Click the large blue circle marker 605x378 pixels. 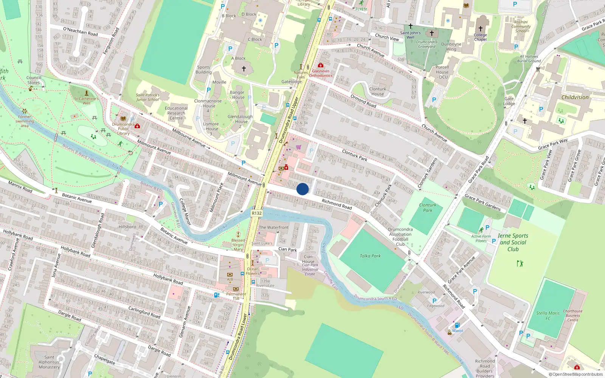(302, 189)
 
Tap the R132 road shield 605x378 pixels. (257, 213)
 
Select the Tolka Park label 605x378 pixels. (370, 256)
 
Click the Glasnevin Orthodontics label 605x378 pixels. (321, 73)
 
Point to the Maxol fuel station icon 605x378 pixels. (457, 325)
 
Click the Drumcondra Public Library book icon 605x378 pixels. (123, 118)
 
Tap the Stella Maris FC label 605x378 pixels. (548, 316)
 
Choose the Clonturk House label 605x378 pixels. (377, 91)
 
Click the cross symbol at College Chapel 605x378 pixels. (481, 29)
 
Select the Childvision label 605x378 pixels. (575, 97)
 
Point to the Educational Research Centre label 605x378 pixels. (176, 113)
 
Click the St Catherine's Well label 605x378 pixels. (86, 101)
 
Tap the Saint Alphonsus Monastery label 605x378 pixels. (49, 362)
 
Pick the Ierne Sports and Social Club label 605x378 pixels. (513, 242)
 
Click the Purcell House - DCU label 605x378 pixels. (442, 72)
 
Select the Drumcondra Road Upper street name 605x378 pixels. (289, 120)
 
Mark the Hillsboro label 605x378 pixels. (127, 227)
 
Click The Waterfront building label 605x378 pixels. (274, 227)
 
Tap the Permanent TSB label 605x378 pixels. (236, 296)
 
